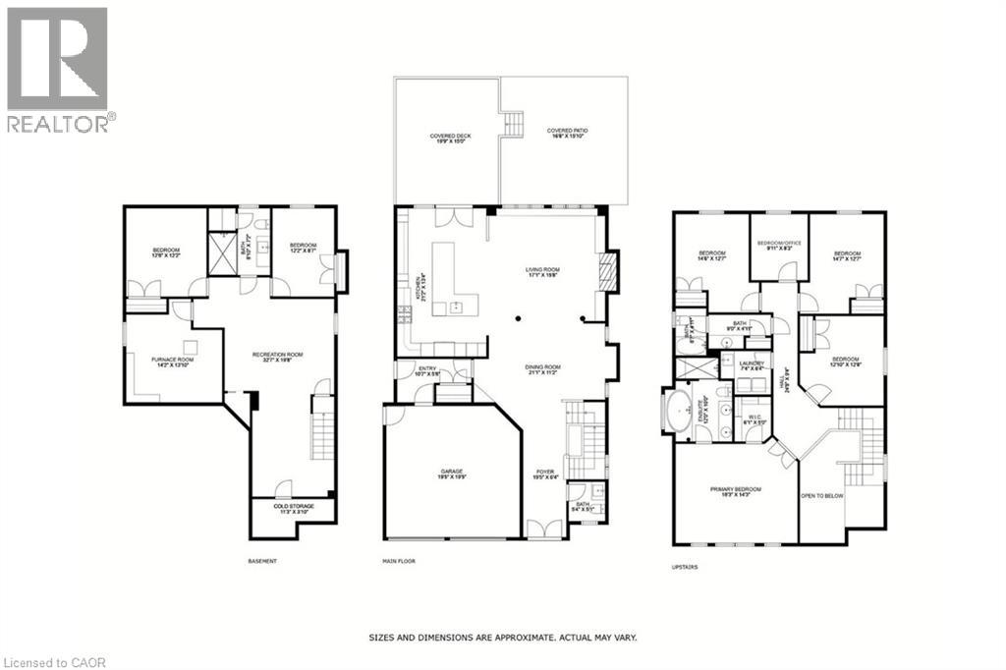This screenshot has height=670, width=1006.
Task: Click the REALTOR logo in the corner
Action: point(59,68)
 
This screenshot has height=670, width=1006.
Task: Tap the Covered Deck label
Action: point(446,139)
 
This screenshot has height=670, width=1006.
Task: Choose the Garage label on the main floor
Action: point(452,475)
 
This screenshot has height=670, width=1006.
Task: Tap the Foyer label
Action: point(545,475)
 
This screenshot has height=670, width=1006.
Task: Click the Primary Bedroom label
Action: point(736,491)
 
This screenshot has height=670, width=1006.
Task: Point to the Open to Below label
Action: point(821,496)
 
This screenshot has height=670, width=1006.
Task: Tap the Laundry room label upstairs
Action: point(751,366)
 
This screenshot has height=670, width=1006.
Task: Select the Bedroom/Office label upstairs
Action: point(778,246)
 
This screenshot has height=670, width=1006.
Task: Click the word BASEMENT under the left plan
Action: point(262,561)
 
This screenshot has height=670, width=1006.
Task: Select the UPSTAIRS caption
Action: point(686,567)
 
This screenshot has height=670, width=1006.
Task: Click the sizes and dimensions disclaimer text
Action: point(502,638)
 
